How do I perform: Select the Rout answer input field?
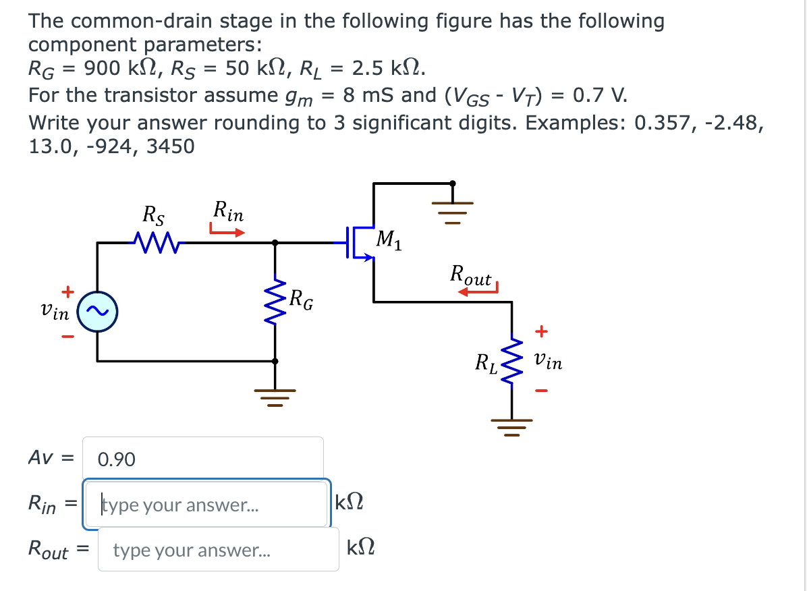(x=218, y=550)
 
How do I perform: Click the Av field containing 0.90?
(x=202, y=459)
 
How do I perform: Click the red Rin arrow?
(x=226, y=232)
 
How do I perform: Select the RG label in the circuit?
(x=301, y=300)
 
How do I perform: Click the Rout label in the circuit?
(x=472, y=275)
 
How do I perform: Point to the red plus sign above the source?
(x=67, y=291)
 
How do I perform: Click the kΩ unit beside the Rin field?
(x=350, y=503)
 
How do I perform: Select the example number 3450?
(x=168, y=146)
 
